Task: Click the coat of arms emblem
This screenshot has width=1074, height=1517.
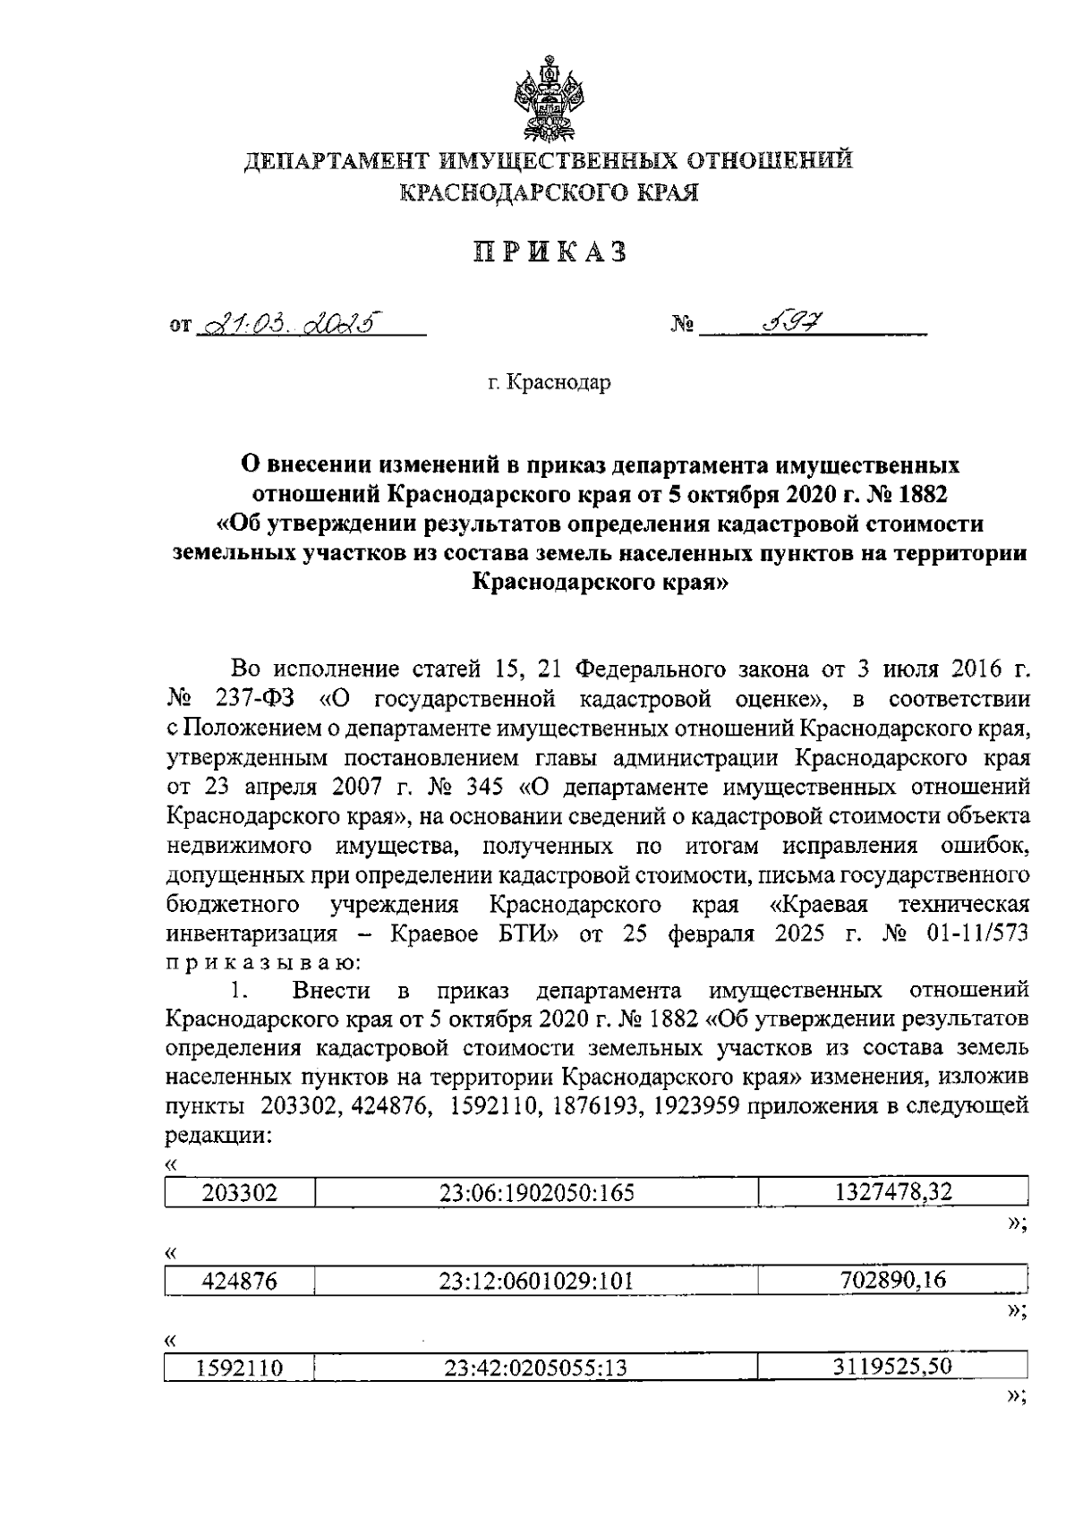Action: (550, 98)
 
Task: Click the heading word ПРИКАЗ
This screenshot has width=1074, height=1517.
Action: (550, 253)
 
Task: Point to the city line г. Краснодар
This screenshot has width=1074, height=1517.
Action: (550, 383)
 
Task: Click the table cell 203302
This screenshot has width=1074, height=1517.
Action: (240, 1193)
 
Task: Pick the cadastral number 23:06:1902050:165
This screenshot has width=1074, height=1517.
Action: (536, 1193)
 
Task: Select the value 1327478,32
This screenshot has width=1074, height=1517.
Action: (893, 1191)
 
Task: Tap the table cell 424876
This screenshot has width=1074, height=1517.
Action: (240, 1281)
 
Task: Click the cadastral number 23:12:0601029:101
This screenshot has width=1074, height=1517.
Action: (536, 1281)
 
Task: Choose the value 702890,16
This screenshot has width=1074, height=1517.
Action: (893, 1279)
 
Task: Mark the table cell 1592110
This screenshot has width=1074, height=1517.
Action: (240, 1368)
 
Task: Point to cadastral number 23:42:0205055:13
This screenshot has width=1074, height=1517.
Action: (536, 1368)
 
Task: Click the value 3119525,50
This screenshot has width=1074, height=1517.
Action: (893, 1367)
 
